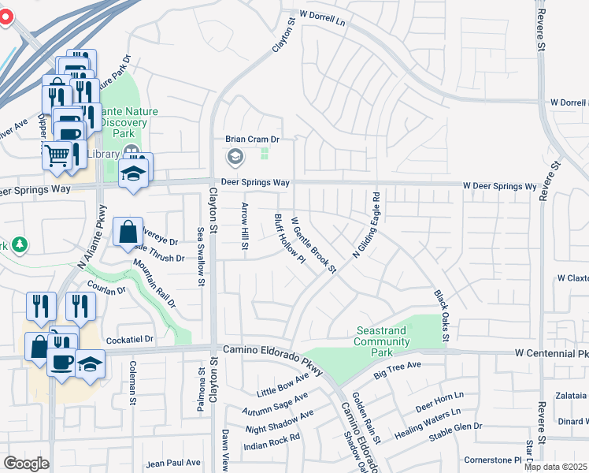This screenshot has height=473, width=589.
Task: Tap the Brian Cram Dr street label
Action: [x=253, y=139]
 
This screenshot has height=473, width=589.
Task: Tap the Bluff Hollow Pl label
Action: [x=289, y=239]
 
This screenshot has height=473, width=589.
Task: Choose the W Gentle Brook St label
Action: [x=313, y=245]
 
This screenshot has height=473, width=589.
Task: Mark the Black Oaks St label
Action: [x=440, y=316]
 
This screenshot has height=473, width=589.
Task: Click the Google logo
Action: [x=26, y=464]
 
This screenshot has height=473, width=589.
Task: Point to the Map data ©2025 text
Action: [x=555, y=467]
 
